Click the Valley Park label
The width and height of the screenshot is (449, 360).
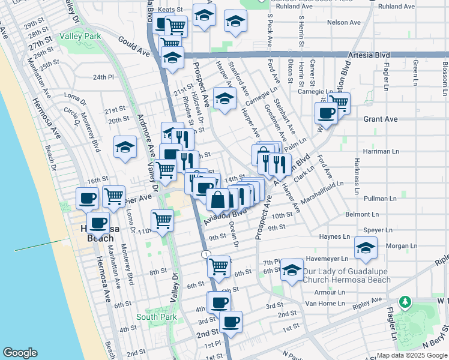(x=80, y=36)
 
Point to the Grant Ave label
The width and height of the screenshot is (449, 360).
(x=380, y=119)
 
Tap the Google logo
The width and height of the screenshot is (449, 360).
(x=20, y=353)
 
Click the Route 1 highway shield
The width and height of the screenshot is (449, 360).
(x=206, y=255)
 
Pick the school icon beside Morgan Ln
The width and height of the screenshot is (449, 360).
(x=365, y=248)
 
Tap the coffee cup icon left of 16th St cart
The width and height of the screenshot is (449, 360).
(x=87, y=197)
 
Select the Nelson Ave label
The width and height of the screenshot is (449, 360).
(x=344, y=22)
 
